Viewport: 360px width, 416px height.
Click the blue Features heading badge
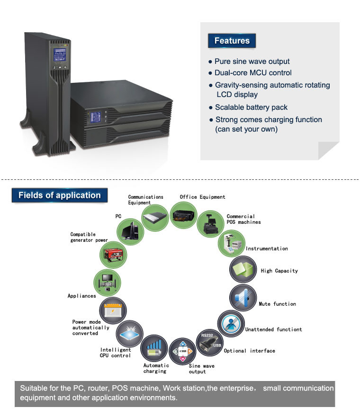[x=232, y=41]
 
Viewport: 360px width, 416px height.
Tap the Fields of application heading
[x=60, y=195]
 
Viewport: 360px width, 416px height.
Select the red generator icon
[x=113, y=255]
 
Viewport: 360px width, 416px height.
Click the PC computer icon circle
[x=130, y=232]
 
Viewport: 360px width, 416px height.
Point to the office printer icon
[x=183, y=215]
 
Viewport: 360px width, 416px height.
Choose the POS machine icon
[x=210, y=224]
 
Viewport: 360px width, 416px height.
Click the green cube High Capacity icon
[x=243, y=269]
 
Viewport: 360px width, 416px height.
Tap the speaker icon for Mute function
[x=243, y=298]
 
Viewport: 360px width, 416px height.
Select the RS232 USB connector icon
[x=210, y=343]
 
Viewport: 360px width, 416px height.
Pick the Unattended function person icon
[x=231, y=323]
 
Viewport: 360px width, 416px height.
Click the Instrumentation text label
[x=267, y=248]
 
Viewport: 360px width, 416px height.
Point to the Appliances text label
[x=82, y=296]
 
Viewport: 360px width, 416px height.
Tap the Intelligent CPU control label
[x=116, y=353]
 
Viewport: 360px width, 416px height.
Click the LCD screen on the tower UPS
[x=60, y=55]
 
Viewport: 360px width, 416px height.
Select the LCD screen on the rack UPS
[x=96, y=117]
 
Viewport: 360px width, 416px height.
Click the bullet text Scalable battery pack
[x=251, y=107]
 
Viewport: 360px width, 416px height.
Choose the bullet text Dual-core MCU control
[x=253, y=73]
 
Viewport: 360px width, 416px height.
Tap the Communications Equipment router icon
[x=155, y=218]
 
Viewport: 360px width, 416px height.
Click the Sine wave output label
[x=201, y=369]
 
